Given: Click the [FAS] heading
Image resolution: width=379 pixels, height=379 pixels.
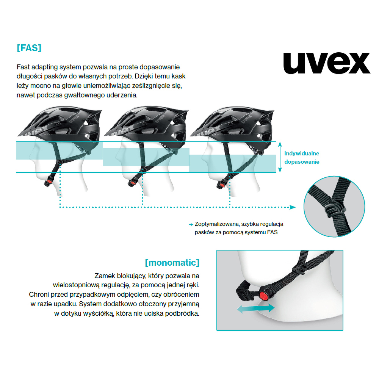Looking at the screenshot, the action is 29,48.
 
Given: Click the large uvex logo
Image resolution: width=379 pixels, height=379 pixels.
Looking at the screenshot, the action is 327,63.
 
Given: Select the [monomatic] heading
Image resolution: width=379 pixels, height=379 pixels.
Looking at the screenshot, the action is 172,263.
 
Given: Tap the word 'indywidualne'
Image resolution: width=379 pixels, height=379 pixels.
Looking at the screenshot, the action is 302,153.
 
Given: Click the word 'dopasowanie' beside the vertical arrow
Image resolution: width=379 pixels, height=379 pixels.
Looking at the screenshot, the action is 302,162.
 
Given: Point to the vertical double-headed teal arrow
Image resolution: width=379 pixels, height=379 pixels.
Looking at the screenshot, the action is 280,157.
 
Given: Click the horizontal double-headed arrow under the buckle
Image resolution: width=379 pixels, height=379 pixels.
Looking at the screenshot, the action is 255,309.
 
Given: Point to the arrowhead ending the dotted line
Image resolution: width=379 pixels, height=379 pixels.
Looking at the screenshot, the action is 293,207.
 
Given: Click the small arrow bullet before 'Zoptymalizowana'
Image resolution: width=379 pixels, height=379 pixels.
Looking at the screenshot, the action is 191,224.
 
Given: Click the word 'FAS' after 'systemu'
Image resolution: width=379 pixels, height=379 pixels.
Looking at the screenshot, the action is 272,232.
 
